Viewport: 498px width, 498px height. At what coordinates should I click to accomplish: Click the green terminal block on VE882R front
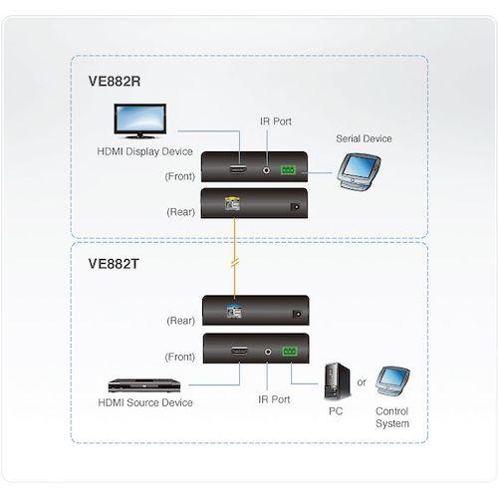tap(290, 170)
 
